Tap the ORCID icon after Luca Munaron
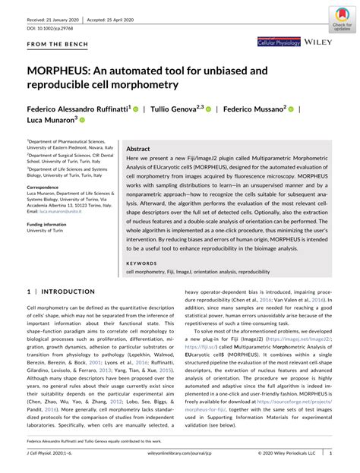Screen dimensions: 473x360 (83, 120)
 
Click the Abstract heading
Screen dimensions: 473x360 (137, 150)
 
